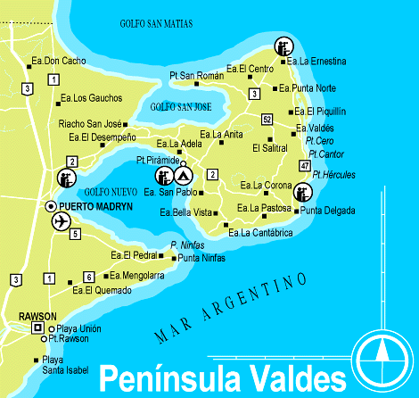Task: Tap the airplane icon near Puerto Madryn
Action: (61, 220)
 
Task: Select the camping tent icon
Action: (183, 175)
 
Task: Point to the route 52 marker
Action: (267, 119)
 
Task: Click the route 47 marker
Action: (305, 166)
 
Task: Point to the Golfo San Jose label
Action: (181, 107)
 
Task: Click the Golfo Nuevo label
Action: (109, 191)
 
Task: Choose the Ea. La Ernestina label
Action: (316, 62)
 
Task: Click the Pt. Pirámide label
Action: (157, 160)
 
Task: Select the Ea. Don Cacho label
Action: (58, 61)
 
